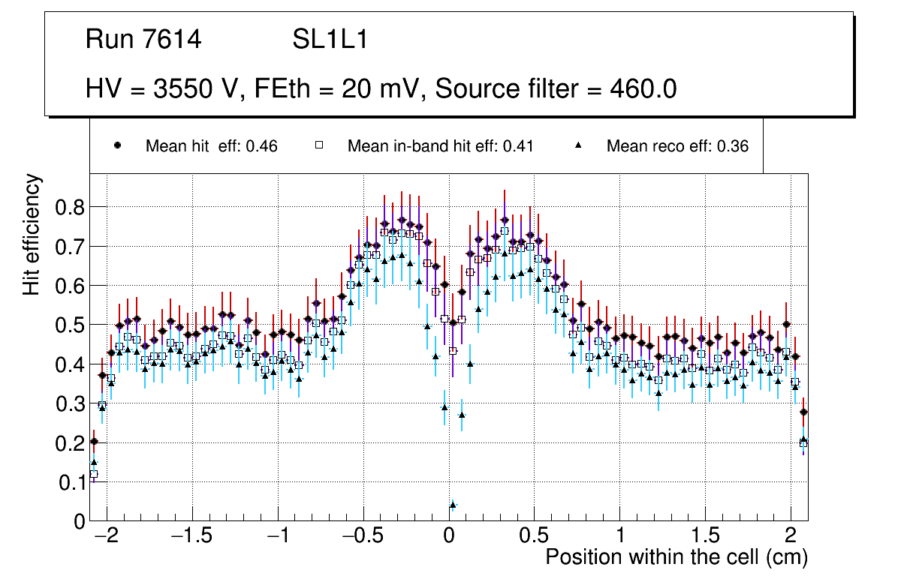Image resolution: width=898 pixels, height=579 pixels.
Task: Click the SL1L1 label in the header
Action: [x=330, y=40]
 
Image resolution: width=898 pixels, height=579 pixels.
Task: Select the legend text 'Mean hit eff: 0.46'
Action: [x=212, y=146]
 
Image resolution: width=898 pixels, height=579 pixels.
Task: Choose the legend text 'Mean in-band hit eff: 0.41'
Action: [x=440, y=146]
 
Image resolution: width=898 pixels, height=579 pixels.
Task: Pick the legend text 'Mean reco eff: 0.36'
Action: [x=677, y=146]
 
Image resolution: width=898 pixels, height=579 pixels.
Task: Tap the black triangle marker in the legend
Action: [x=578, y=145]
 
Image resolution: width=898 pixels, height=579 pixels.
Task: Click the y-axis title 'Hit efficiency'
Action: [x=32, y=234]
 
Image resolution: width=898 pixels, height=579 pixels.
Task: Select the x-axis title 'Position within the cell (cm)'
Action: [x=677, y=557]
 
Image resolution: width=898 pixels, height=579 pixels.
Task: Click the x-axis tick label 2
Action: [x=791, y=536]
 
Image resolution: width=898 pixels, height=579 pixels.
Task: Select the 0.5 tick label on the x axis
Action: [x=535, y=536]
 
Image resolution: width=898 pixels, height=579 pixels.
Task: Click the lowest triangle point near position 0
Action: [x=453, y=505]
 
